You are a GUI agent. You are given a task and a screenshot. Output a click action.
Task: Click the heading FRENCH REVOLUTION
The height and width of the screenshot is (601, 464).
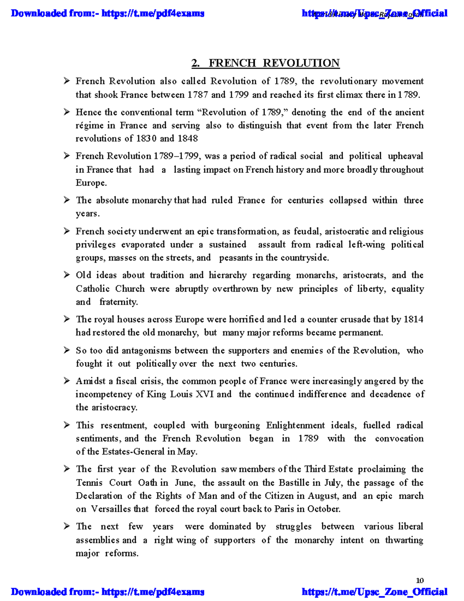coord(274,63)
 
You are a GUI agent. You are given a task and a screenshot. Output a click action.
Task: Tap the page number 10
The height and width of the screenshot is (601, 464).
coord(420,580)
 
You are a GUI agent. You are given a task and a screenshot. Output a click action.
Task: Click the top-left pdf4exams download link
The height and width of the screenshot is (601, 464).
coord(107,14)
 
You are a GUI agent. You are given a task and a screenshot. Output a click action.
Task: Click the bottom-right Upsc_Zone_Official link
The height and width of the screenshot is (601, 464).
coord(374,592)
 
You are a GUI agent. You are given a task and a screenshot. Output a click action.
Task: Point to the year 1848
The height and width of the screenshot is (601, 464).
coord(188,139)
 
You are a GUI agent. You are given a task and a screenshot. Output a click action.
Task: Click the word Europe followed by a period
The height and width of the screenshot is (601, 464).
coord(91,183)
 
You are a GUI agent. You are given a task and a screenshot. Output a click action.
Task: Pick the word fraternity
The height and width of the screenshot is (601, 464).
coord(118,302)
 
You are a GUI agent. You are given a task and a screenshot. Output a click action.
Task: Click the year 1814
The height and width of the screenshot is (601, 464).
coord(413,320)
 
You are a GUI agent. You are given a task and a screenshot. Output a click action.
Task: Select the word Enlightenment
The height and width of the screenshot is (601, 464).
coord(295,425)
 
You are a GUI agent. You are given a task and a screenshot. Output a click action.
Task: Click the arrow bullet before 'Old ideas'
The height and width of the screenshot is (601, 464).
coord(67,275)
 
